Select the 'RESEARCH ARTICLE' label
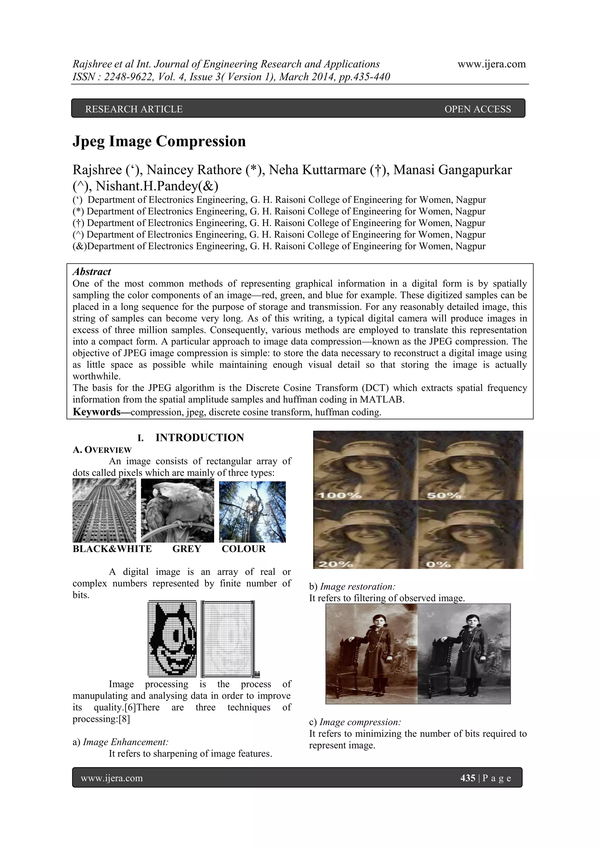point(134,109)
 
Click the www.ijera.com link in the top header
point(491,64)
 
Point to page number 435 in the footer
point(468,778)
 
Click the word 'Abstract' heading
point(92,272)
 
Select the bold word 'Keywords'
point(96,412)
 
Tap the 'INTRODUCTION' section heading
point(200,438)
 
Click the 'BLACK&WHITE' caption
point(112,549)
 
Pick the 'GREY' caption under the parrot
point(187,549)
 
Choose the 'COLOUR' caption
point(243,549)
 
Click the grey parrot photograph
point(177,511)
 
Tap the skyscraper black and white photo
point(104,511)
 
